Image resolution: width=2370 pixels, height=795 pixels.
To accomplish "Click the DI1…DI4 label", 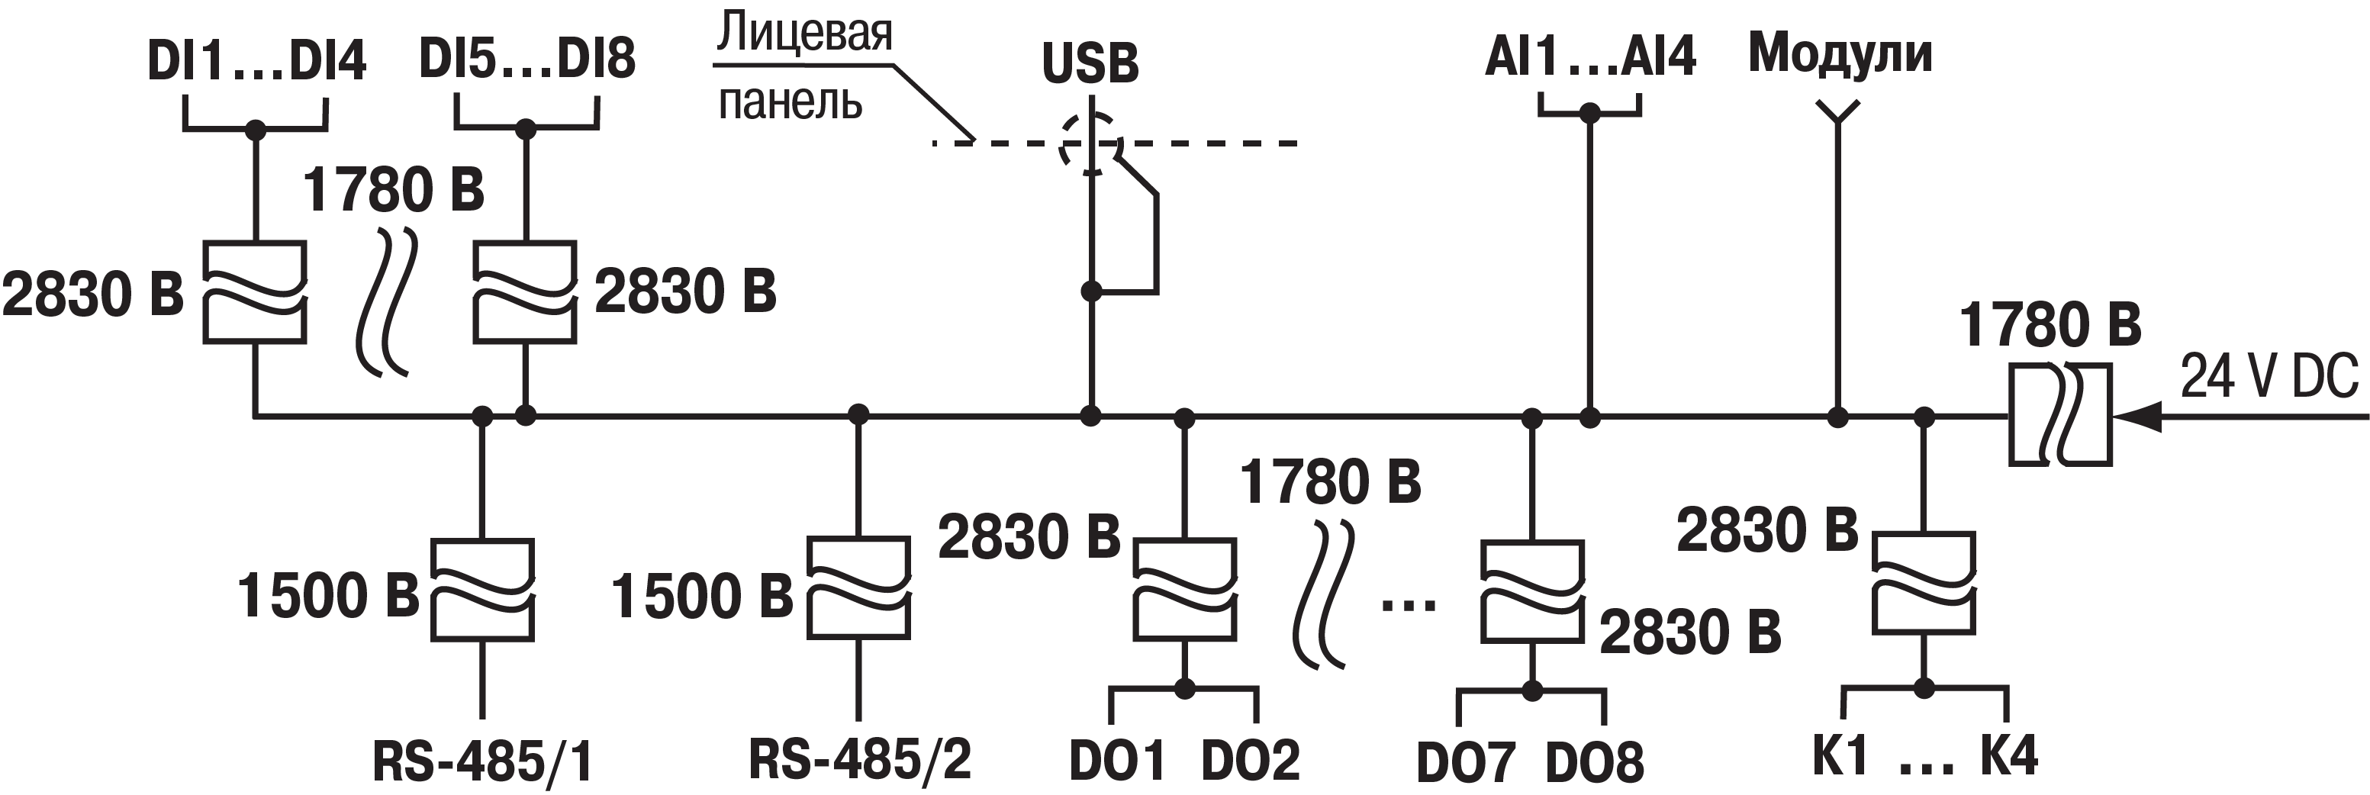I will tap(256, 62).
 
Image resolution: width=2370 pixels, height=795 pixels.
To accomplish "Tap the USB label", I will tap(1090, 63).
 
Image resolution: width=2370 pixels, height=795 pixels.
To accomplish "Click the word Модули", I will tap(1840, 53).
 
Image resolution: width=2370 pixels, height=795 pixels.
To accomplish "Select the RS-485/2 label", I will tap(859, 759).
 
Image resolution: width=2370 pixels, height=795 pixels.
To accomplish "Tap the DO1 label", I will tap(1117, 761).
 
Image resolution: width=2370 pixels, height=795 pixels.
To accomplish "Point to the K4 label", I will tap(2009, 756).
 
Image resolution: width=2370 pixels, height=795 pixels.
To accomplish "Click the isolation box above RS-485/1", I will tap(482, 589).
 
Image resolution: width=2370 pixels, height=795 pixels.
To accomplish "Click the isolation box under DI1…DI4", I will tap(255, 293).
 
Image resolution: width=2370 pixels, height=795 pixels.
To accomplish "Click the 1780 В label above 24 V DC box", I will tap(2050, 326).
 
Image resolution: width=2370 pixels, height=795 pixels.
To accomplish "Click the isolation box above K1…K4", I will tap(1924, 582).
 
